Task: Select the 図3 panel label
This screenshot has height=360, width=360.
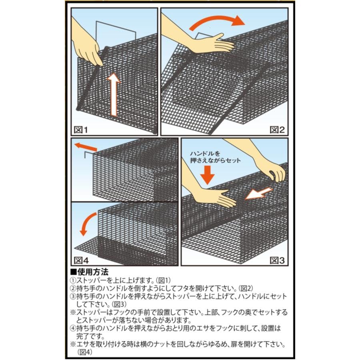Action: click(276, 260)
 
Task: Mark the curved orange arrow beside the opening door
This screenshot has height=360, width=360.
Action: click(87, 224)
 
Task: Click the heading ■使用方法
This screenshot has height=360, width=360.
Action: click(89, 272)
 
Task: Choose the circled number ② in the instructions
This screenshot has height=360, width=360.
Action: click(73, 288)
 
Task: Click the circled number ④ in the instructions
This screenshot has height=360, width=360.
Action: click(73, 328)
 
